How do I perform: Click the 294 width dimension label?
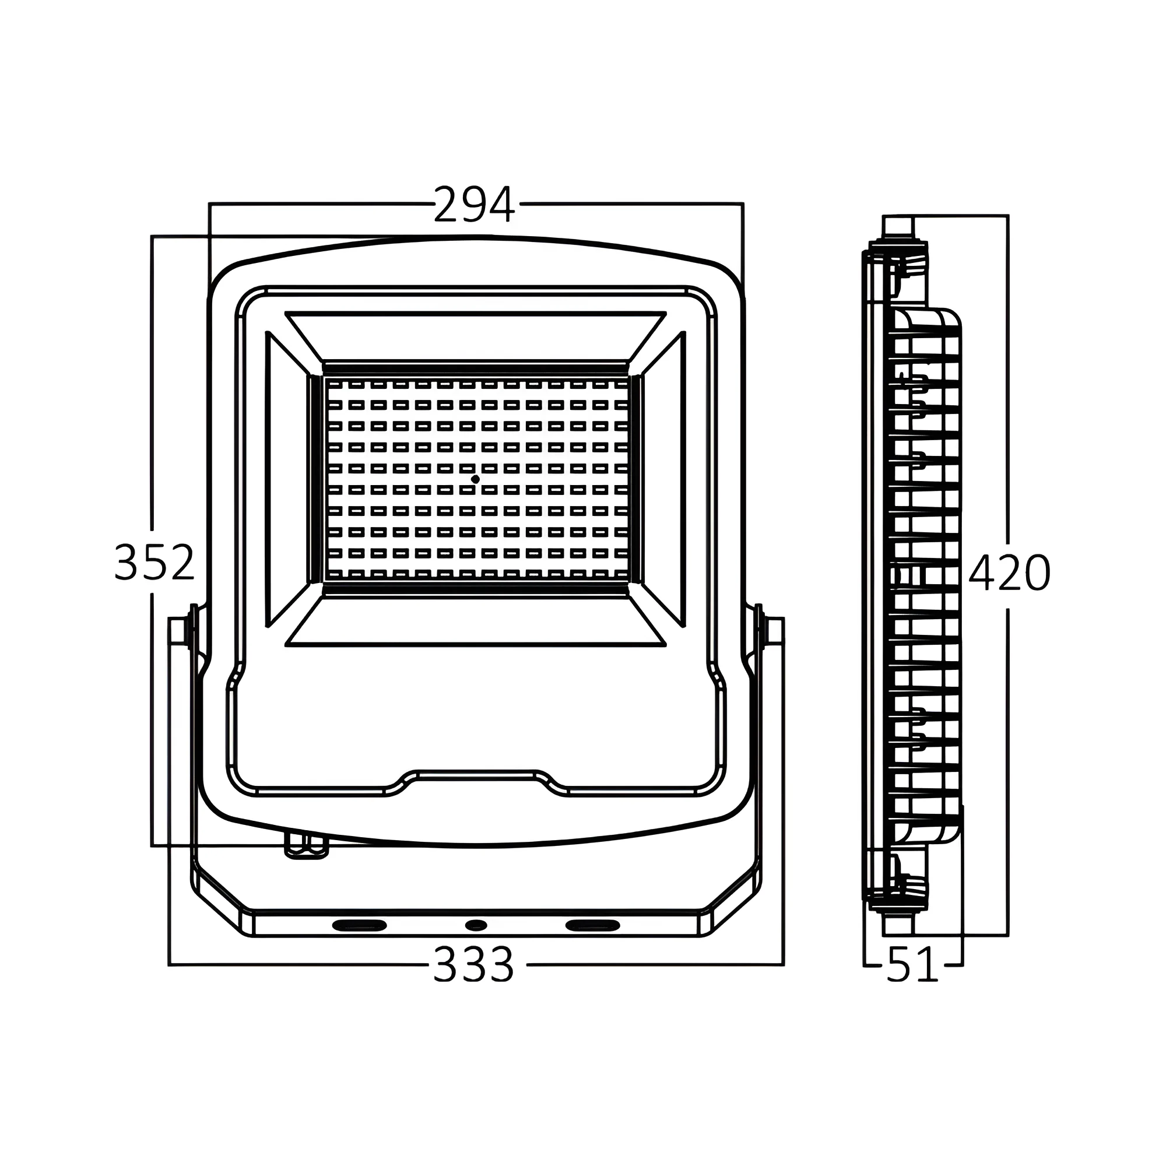pos(475,204)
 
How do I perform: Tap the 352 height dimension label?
pos(154,562)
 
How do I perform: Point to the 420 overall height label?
pos(1010,572)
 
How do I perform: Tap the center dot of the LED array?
pos(476,479)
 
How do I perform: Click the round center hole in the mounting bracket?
pos(476,925)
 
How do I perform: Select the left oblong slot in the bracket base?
pos(360,925)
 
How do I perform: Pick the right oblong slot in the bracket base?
pos(593,925)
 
